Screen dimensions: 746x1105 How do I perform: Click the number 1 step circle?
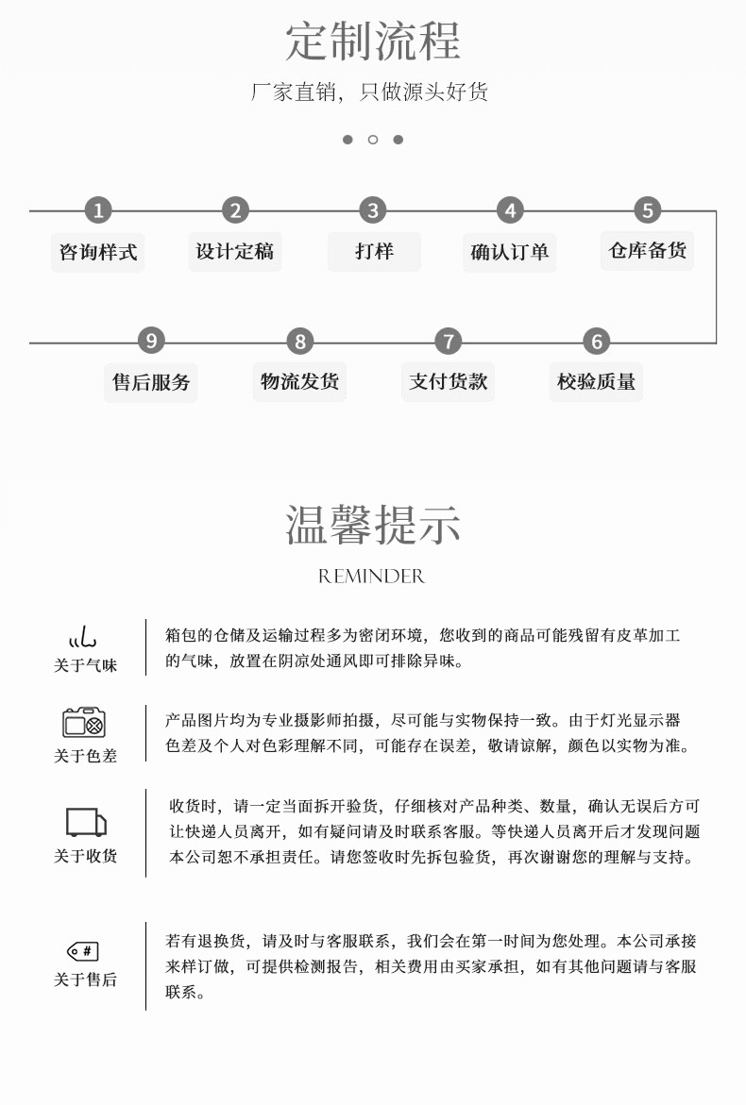click(x=98, y=210)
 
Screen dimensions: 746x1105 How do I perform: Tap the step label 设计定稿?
click(x=234, y=251)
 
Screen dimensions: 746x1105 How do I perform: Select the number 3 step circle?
click(x=373, y=210)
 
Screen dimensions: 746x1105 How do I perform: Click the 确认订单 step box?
click(x=510, y=252)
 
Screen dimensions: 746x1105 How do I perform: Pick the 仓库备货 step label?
click(x=647, y=250)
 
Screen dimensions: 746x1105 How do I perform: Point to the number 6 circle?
click(x=596, y=341)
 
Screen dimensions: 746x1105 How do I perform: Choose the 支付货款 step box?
click(x=449, y=381)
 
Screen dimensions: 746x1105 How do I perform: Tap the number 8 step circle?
click(x=300, y=341)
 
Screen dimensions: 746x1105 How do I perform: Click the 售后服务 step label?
click(x=151, y=382)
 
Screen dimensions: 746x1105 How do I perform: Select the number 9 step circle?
click(x=151, y=341)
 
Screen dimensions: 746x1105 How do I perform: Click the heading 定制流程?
click(x=373, y=41)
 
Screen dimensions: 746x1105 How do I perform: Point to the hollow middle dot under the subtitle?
click(x=373, y=140)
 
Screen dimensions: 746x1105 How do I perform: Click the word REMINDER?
click(x=372, y=576)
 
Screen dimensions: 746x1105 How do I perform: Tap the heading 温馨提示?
click(x=373, y=525)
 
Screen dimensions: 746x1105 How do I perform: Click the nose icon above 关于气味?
click(x=84, y=636)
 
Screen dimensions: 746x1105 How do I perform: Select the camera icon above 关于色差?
click(x=84, y=723)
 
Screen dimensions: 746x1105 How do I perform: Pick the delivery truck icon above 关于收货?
click(x=85, y=823)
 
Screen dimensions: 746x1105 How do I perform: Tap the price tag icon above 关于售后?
click(x=83, y=951)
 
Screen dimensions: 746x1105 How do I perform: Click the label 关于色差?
click(x=85, y=756)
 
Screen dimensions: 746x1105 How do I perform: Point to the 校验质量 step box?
click(x=596, y=381)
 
